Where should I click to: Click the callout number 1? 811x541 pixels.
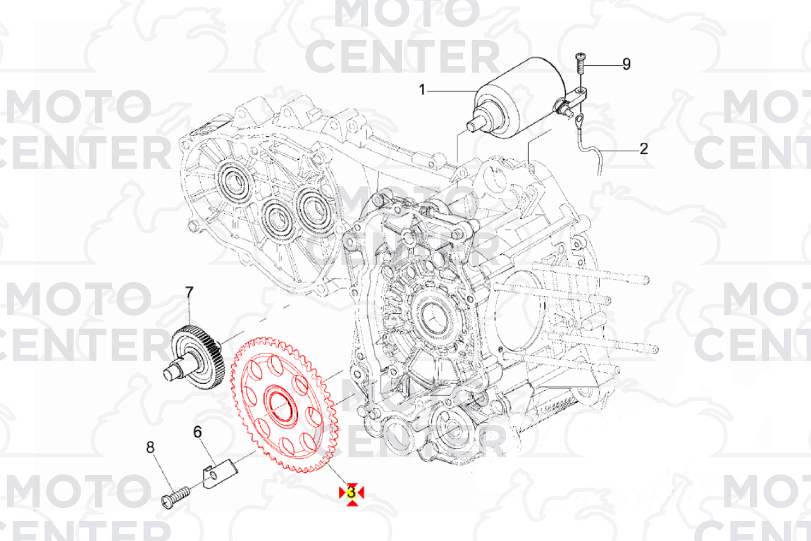[422, 90]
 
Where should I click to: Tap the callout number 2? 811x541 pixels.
[643, 149]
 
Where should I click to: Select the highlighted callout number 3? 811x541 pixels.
[351, 493]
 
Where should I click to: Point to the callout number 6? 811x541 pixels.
[197, 432]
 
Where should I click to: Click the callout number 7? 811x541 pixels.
[189, 293]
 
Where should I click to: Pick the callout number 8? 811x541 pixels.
[150, 447]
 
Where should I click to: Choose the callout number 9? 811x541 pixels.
[626, 64]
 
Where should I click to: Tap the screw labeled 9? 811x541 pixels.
[580, 63]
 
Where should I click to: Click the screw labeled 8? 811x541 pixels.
[175, 497]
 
